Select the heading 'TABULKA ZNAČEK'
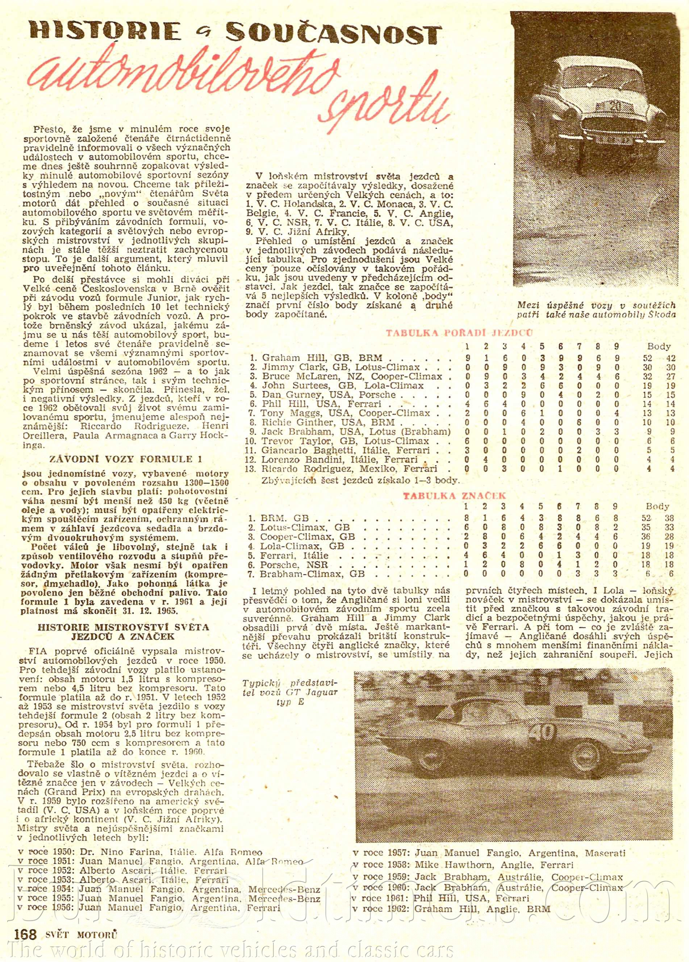tap(454, 496)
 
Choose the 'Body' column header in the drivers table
tap(659, 346)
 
